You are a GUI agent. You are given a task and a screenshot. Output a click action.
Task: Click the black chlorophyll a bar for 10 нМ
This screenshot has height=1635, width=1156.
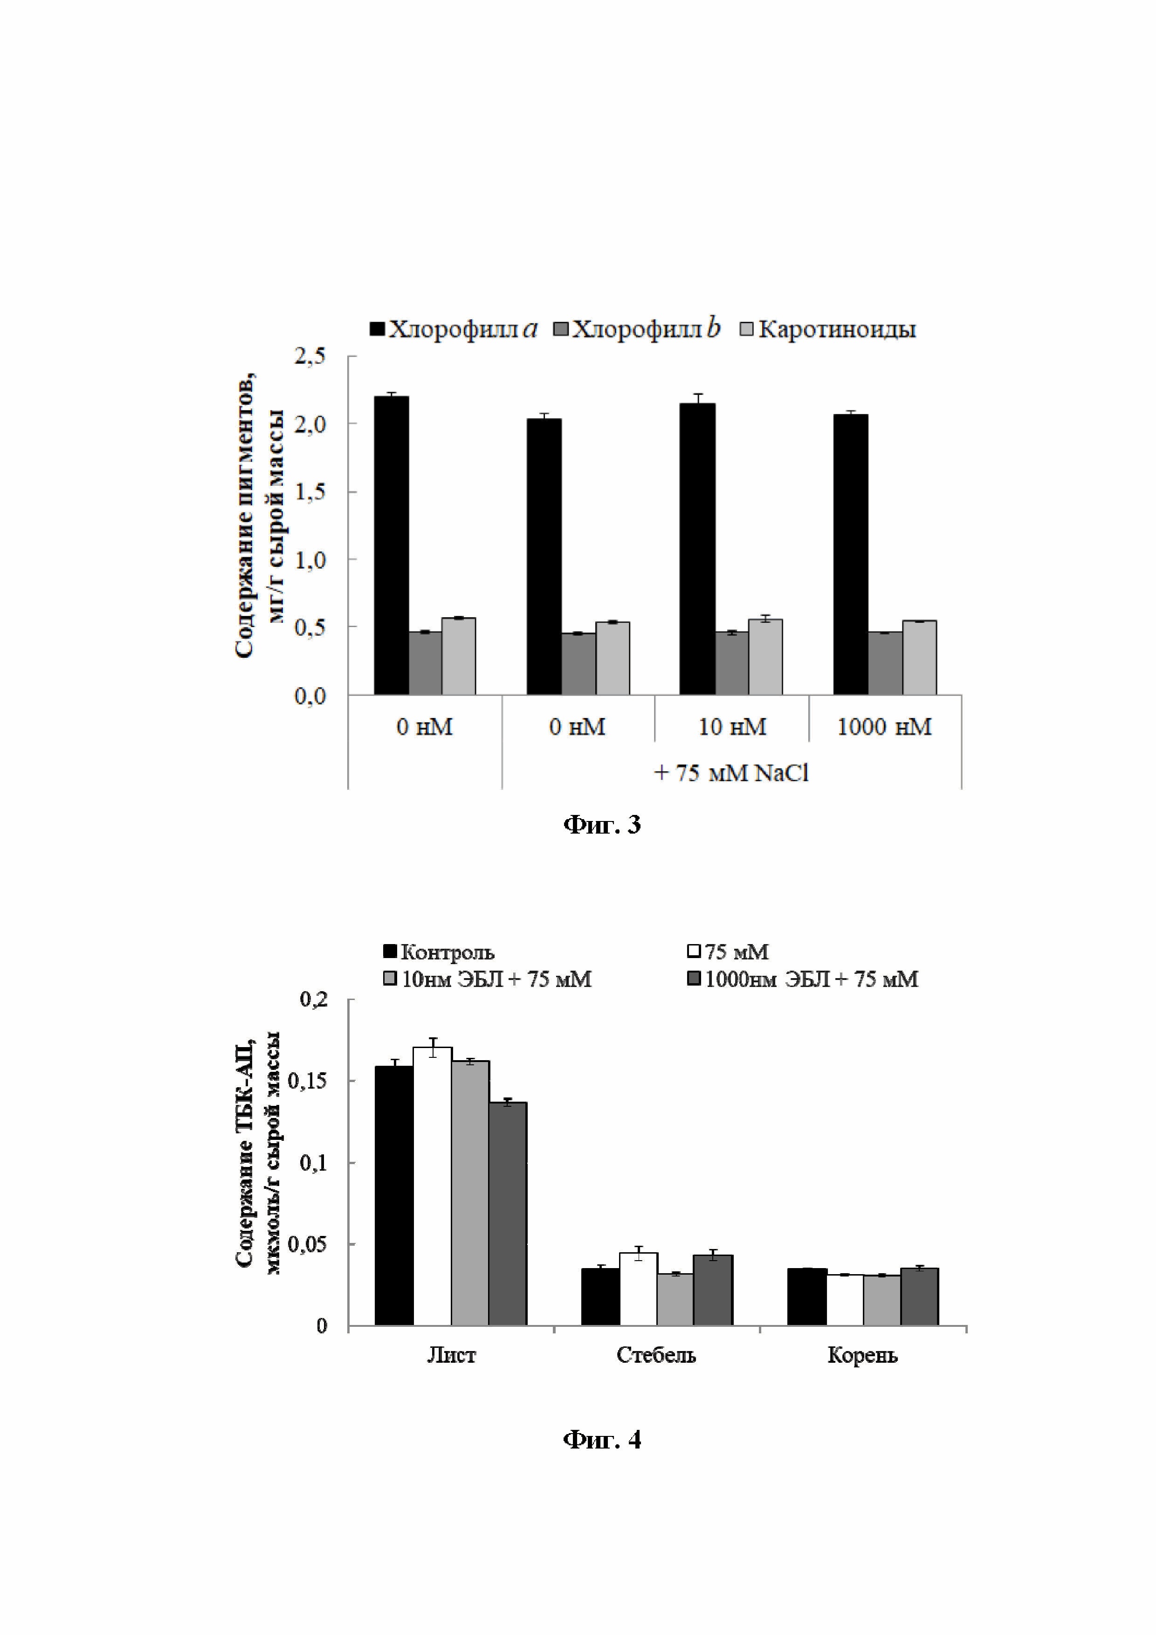697,548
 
